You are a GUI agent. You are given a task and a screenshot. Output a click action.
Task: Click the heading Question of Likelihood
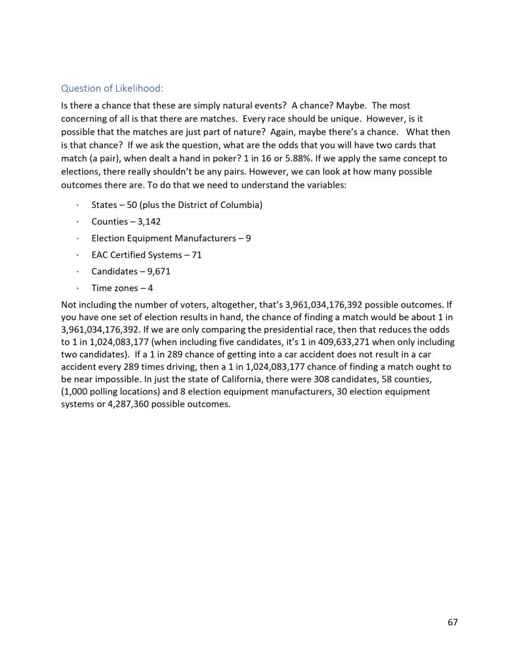click(112, 88)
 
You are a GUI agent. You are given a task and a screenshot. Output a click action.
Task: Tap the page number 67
click(452, 622)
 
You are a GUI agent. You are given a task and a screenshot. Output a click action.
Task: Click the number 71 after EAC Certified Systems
click(196, 255)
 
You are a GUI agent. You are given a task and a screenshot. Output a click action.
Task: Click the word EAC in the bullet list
click(100, 255)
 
